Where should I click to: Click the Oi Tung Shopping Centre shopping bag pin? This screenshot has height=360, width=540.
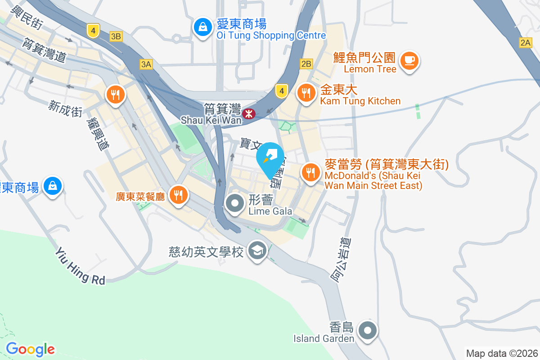click(x=203, y=27)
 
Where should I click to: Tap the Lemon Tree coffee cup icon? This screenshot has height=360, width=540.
click(x=409, y=61)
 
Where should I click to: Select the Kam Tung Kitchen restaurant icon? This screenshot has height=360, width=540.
click(x=307, y=93)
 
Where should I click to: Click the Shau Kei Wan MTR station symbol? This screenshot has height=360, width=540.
click(x=248, y=114)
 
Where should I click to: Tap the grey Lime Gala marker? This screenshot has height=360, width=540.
click(x=234, y=203)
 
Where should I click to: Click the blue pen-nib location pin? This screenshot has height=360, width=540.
click(x=270, y=157)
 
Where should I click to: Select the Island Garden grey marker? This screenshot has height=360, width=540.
click(x=368, y=331)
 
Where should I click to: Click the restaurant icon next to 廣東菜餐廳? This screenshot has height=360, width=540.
click(x=179, y=194)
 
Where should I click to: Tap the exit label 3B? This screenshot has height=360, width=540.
click(x=116, y=36)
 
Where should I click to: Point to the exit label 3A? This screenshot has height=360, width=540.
click(x=146, y=64)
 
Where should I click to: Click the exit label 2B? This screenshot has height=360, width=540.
click(x=306, y=64)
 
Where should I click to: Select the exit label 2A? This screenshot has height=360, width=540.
click(x=525, y=43)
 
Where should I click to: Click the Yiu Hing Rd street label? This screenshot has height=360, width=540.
click(x=80, y=266)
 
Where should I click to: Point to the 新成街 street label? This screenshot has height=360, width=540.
click(x=66, y=108)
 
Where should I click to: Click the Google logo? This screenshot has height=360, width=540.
click(x=30, y=349)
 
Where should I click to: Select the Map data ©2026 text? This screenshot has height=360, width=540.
click(x=502, y=353)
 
